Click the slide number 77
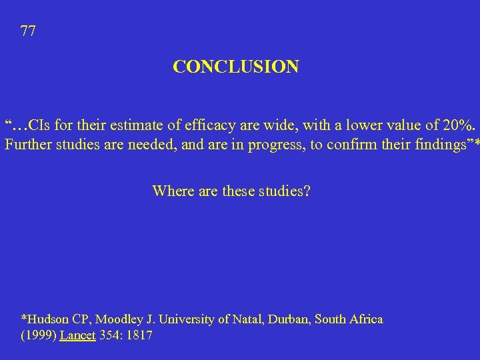pos(28,31)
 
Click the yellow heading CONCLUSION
pos(236,67)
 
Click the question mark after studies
pos(307,191)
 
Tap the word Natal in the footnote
pos(249,319)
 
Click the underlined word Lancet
pos(77,335)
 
